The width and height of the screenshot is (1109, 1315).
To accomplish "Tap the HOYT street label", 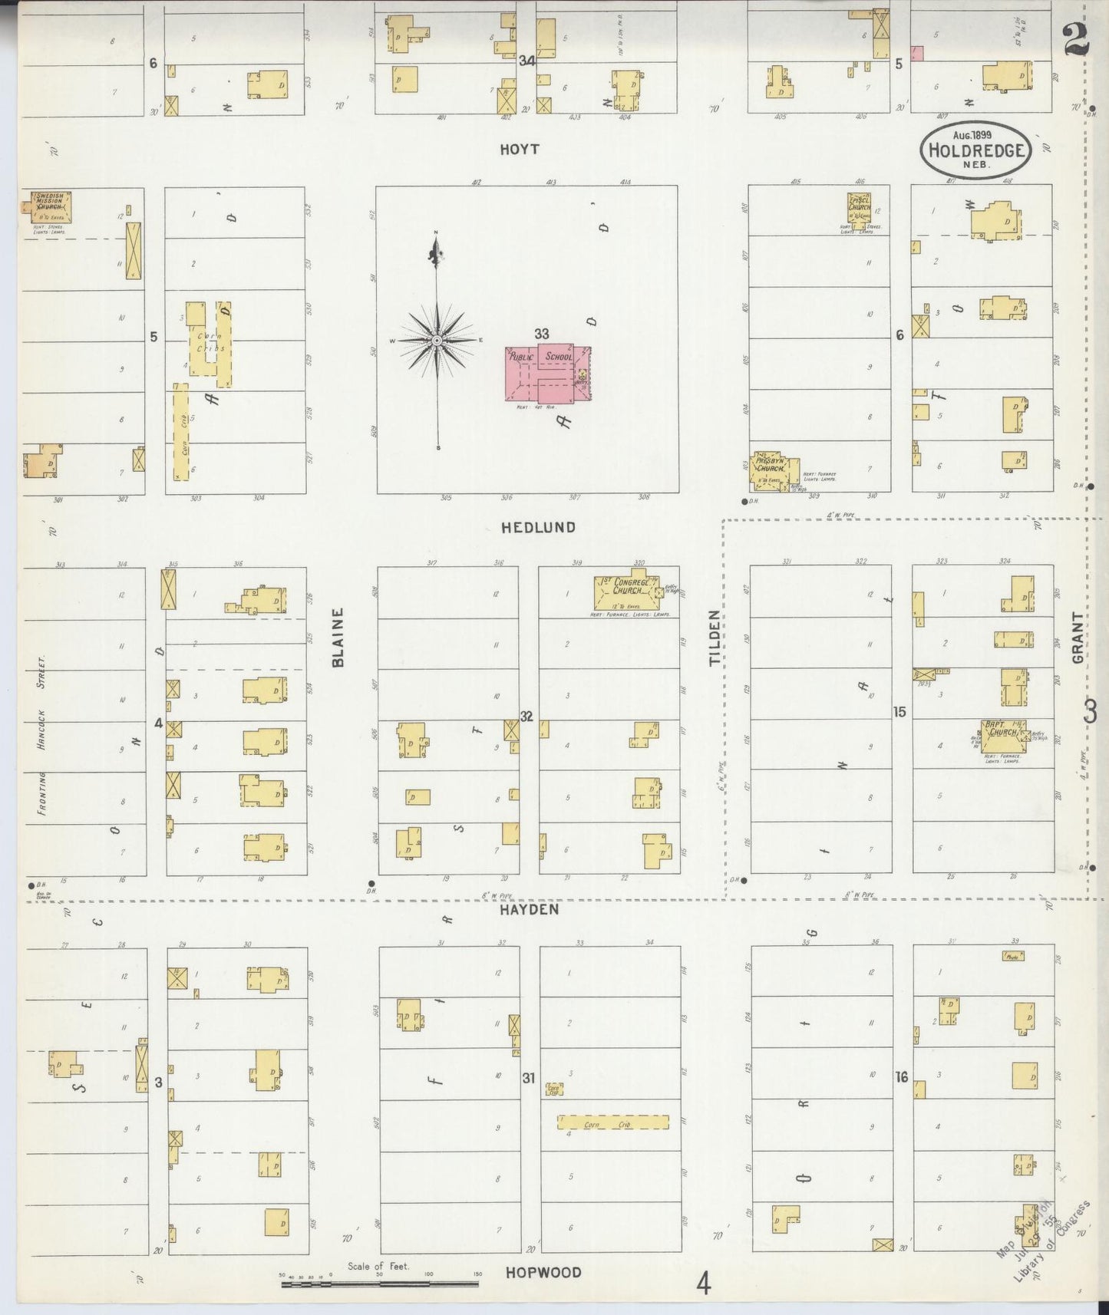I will point(519,150).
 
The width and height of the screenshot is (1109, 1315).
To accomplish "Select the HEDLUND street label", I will point(538,527).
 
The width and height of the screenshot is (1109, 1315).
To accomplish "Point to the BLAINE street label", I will point(338,638).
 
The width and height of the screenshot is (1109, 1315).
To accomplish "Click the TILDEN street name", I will point(715,638).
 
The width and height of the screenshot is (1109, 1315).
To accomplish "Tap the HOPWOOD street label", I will point(543,1272).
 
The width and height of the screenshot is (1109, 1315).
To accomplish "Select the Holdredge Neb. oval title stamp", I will point(975,150).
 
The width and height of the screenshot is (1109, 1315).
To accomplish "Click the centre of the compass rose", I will point(437,340).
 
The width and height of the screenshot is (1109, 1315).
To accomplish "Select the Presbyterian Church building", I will point(773,470).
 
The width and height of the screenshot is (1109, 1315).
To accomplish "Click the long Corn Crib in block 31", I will point(612,1122).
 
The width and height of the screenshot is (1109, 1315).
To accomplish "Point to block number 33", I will point(542,334).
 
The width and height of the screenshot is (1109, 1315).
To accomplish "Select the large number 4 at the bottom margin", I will point(703,1283).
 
